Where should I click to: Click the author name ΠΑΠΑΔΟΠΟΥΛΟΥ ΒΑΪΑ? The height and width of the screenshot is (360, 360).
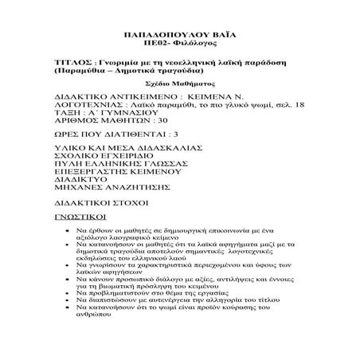tap(179, 37)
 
